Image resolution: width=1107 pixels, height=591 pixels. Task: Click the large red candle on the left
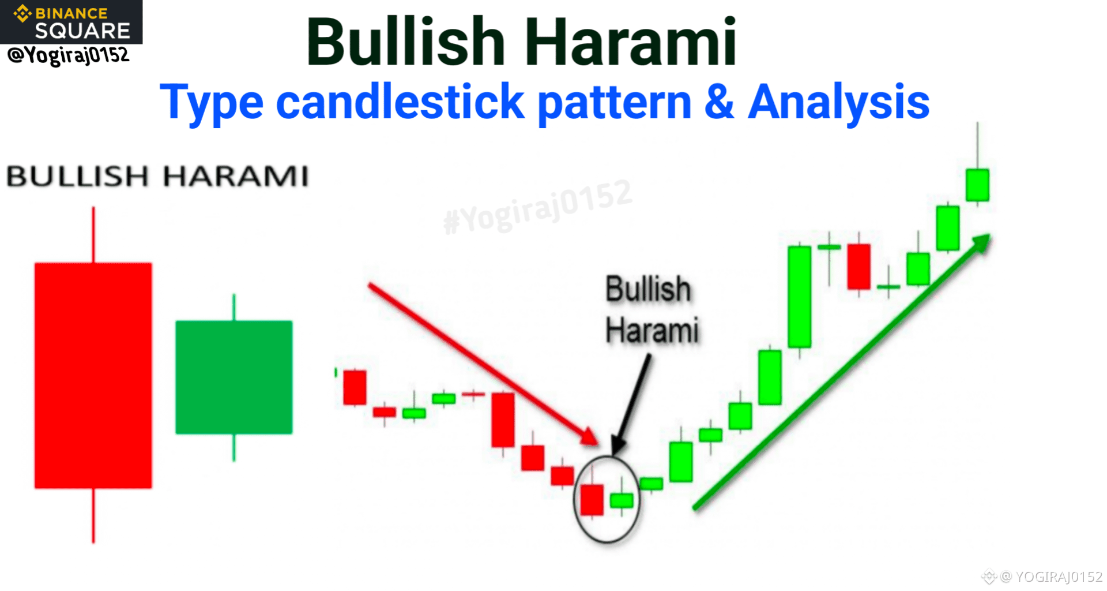93,375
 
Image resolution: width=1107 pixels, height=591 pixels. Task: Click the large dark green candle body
234,377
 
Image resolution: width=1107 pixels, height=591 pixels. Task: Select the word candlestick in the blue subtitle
400,102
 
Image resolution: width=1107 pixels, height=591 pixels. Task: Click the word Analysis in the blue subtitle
838,103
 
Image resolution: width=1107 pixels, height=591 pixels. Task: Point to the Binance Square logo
71,22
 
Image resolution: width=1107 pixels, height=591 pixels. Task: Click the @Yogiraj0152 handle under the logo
68,55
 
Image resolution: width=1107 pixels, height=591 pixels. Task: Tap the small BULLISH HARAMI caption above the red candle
157,176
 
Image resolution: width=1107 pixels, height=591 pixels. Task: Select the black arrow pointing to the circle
631,404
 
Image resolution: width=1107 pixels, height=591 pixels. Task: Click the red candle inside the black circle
592,499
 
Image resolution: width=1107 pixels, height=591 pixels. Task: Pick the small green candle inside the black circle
622,500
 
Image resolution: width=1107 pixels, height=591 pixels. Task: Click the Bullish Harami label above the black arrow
652,310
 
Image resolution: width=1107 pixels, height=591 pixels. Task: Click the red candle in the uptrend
859,267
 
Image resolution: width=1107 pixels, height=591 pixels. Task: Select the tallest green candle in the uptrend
799,297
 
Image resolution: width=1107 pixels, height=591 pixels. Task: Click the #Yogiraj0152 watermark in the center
538,207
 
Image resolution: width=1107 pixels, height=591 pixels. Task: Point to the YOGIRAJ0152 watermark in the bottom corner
1042,576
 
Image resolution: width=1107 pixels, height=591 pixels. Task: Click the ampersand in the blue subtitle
719,102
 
